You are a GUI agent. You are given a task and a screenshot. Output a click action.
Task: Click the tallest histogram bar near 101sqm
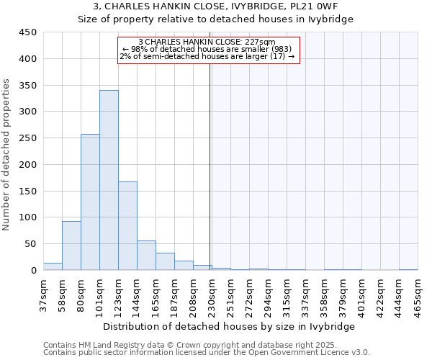coord(109,180)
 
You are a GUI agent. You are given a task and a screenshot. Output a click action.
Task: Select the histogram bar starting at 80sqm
coord(90,202)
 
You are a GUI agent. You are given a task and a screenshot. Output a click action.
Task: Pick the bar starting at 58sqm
coord(71,245)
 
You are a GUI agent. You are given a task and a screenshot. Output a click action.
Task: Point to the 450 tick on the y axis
coord(28,32)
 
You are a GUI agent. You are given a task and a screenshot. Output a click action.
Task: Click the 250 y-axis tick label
coord(28,138)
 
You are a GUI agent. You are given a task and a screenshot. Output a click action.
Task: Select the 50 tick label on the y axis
coord(31,244)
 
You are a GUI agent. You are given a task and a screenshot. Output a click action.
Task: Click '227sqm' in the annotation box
coord(261,42)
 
